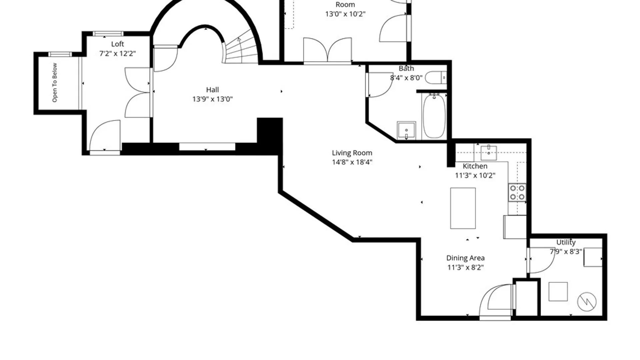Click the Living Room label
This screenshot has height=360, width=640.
coord(352,153)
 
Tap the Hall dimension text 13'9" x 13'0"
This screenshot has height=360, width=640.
coord(212,99)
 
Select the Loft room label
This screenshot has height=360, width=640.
coord(117,44)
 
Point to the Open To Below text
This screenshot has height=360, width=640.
coord(55,83)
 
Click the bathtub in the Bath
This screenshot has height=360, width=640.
coord(434,116)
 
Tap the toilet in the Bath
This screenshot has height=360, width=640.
coord(436,78)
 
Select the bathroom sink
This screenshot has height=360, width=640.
coord(406,130)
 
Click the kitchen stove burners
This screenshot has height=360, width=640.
coord(517,192)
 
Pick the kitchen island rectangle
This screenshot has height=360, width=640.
coord(463,208)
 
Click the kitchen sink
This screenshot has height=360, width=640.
coord(489,153)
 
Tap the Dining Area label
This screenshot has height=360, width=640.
coord(465,258)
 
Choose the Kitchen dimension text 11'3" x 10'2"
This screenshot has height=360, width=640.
coord(475,175)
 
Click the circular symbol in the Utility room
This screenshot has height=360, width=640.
coord(587,302)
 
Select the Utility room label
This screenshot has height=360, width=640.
coord(566,242)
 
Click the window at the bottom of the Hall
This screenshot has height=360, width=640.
coord(207,147)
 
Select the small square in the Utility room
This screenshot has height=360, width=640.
coord(558,292)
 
